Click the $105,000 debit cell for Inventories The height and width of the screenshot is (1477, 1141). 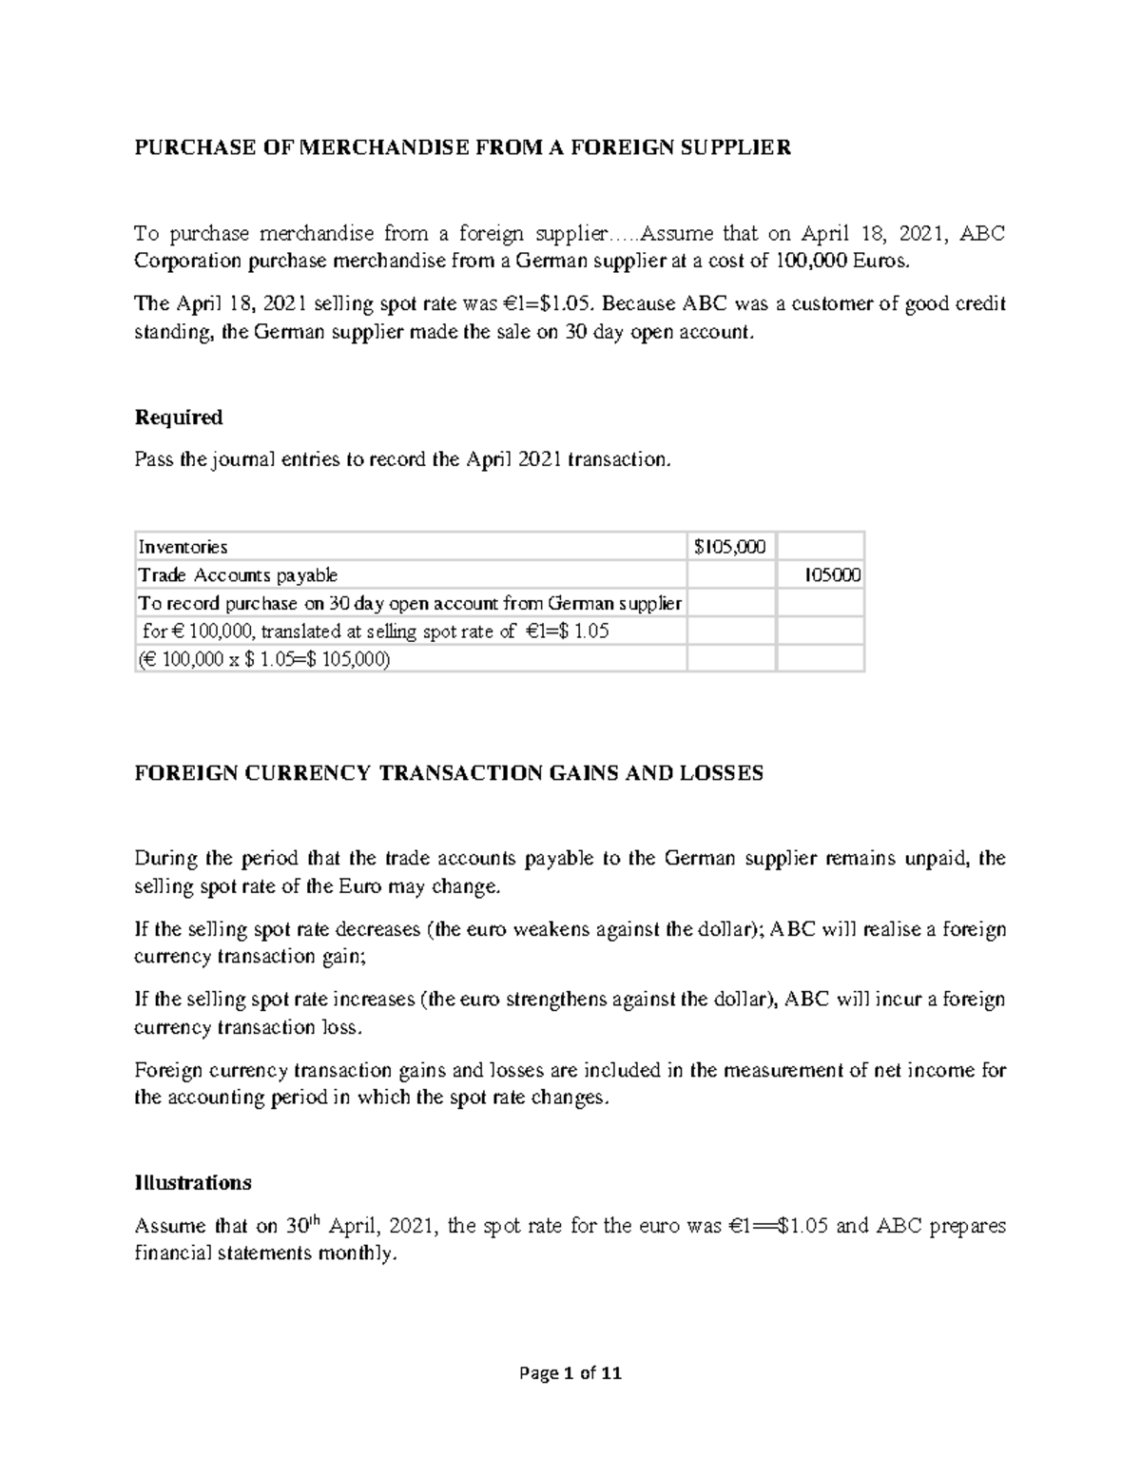[729, 547]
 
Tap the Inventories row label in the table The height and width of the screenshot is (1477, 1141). [184, 547]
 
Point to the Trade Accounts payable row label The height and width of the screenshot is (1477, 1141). [238, 575]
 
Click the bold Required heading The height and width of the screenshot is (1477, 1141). [178, 418]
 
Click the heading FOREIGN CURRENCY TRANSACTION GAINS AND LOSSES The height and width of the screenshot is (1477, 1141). [448, 773]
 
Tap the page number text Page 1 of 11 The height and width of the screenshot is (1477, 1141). [570, 1373]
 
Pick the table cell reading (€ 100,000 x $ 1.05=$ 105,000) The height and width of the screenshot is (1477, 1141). [264, 659]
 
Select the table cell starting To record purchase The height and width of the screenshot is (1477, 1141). [409, 603]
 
